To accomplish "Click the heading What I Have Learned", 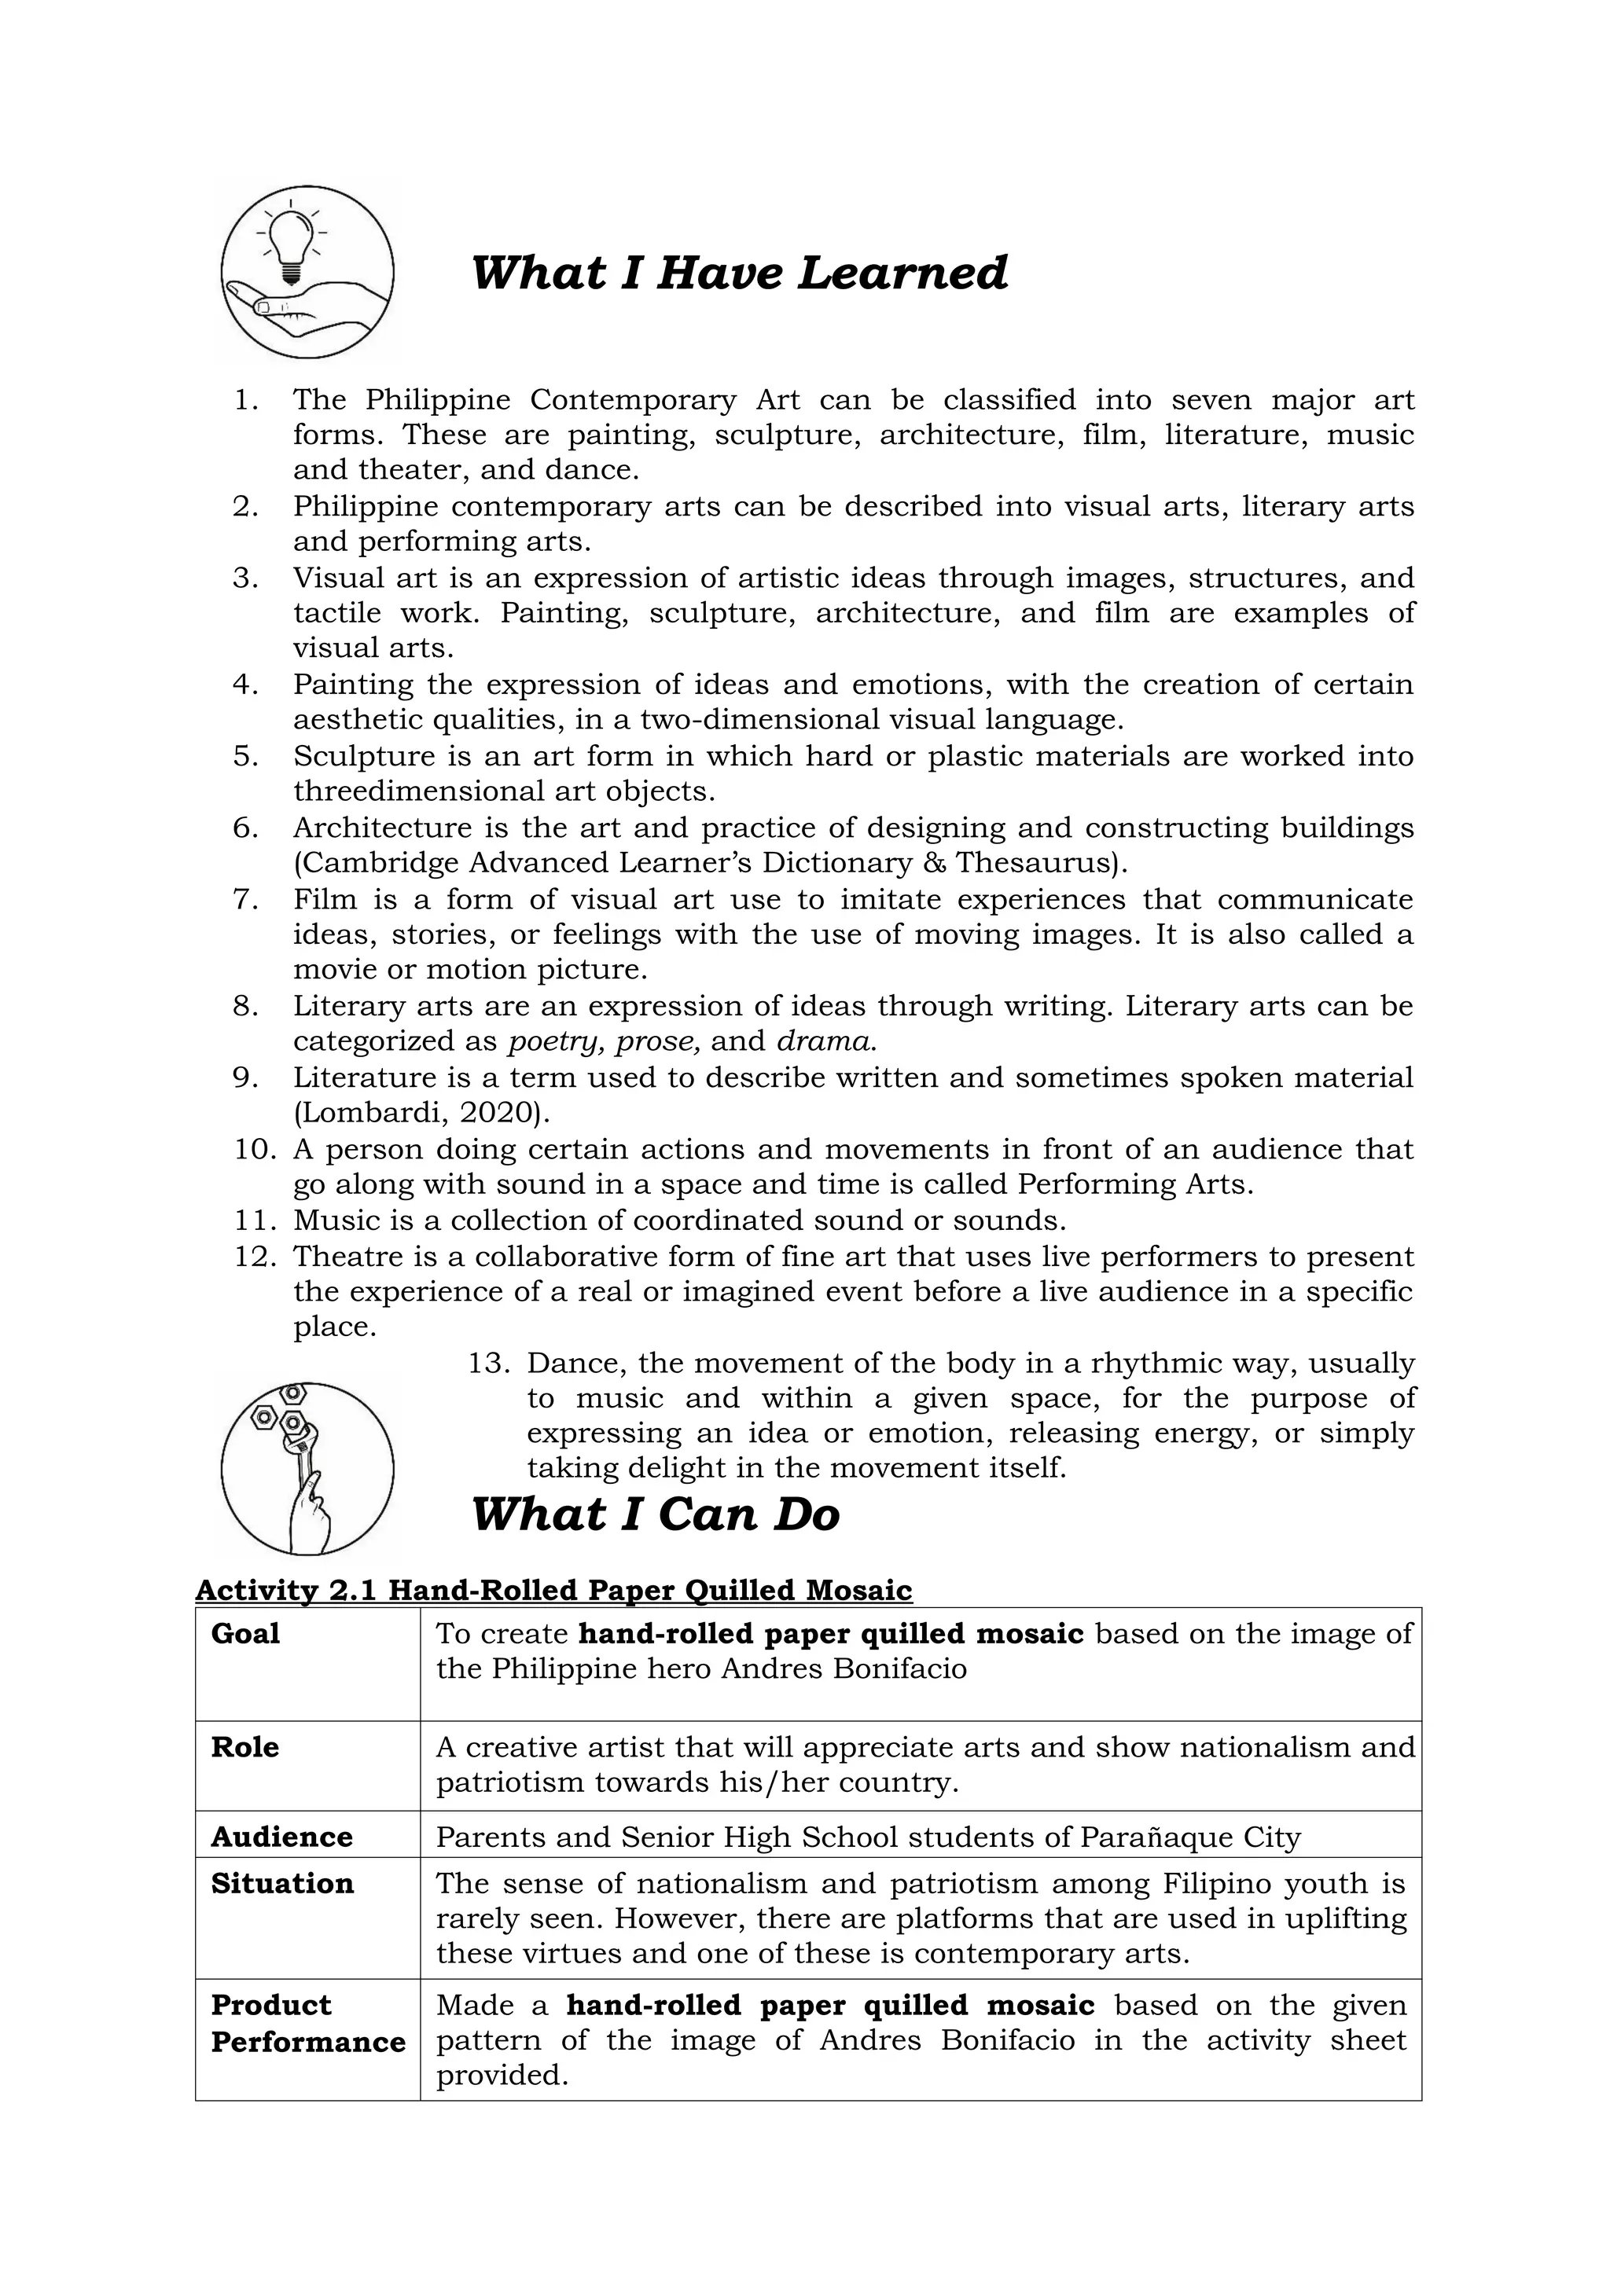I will point(739,273).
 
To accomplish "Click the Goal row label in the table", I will point(244,1634).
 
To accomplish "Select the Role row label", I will point(244,1746).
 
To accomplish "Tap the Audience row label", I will point(281,1837).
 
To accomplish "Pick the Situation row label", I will point(281,1884).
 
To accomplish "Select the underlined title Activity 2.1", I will point(553,1590).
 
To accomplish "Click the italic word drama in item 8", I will point(825,1042).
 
